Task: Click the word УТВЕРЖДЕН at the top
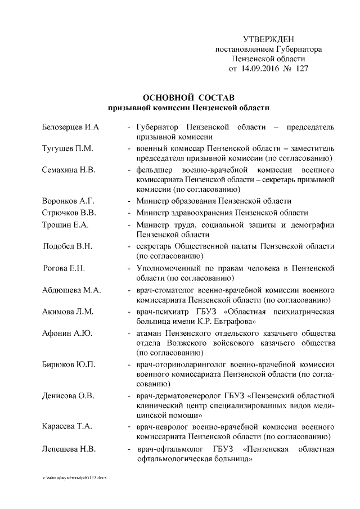[x=268, y=39]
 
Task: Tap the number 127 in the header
[x=300, y=69]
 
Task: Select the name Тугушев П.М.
[x=67, y=148]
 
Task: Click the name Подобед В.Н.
[x=68, y=246]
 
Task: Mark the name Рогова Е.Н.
[x=64, y=268]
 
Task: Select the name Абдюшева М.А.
[x=71, y=290]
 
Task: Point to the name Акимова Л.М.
[x=68, y=311]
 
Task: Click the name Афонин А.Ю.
[x=67, y=333]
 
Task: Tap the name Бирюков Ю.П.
[x=69, y=364]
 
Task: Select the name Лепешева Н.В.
[x=69, y=449]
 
